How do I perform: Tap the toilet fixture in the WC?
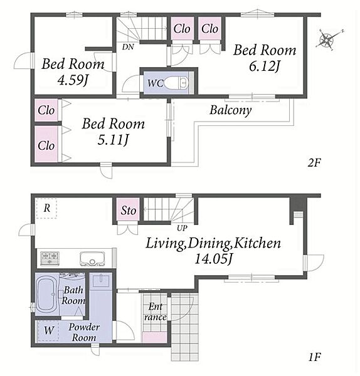point(176,83)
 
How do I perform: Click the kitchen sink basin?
point(92,258)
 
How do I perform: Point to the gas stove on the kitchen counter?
point(50,258)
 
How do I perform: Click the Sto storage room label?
point(129,211)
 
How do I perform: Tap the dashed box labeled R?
point(46,208)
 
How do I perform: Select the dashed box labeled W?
point(48,330)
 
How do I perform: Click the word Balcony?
point(231,110)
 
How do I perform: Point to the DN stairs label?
point(128,47)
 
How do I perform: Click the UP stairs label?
point(182,228)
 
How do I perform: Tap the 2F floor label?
point(314,164)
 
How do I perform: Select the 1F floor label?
point(314,358)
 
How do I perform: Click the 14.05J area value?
point(213,259)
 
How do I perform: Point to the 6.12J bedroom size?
point(265,66)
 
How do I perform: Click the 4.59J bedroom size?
point(73,80)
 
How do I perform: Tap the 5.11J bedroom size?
point(113,140)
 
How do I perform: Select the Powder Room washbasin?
point(101,281)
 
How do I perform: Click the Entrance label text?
point(156,311)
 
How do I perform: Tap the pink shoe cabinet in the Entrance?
point(155,337)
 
